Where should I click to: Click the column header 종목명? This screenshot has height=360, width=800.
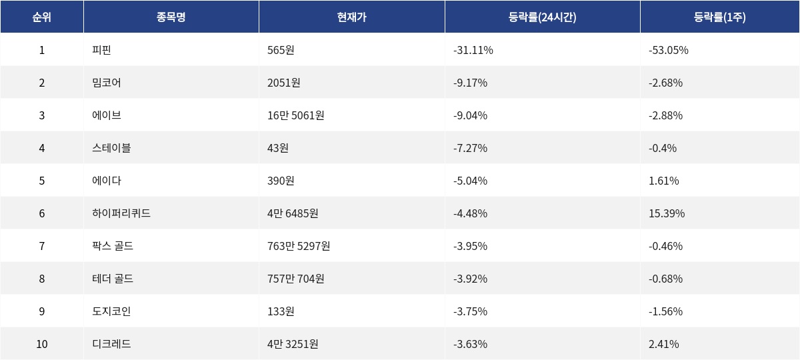171,17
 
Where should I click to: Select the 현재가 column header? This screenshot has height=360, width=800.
351,17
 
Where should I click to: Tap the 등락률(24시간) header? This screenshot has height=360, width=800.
542,17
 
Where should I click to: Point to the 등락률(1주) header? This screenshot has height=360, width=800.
719,17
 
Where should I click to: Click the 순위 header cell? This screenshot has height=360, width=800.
41,17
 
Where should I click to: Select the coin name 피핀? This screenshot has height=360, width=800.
102,50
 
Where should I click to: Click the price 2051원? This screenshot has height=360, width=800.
283,83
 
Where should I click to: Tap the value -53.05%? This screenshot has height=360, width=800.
668,50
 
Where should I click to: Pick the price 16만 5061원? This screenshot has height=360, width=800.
295,115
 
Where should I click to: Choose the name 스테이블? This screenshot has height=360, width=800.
111,148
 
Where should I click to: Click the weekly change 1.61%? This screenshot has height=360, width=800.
663,181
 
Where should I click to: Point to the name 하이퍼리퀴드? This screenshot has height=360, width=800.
121,213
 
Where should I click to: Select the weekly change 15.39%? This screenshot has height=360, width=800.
666,213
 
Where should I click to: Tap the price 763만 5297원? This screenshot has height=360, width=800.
298,246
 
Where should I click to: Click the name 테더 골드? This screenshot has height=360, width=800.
113,279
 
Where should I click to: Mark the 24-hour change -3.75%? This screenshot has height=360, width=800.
470,311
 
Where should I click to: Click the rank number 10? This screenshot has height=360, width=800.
41,344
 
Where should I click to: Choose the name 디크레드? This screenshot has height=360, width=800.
111,344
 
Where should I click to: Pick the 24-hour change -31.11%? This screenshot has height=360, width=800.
473,50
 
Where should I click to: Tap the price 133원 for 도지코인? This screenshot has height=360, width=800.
281,311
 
